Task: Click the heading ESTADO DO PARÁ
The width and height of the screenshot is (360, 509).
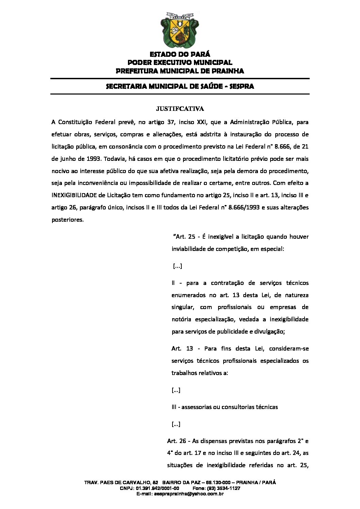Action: [x=180, y=54]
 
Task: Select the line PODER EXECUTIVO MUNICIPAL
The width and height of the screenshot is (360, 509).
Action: [x=180, y=63]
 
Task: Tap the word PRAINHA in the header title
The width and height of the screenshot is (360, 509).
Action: [x=228, y=71]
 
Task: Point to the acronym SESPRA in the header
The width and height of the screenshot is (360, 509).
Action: [x=242, y=86]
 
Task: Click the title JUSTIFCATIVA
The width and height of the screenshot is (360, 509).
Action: [x=180, y=109]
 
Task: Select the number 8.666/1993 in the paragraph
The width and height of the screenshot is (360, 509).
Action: [x=244, y=207]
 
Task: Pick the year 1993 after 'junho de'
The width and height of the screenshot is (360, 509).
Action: [x=94, y=159]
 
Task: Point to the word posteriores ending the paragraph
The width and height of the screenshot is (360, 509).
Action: [x=67, y=220]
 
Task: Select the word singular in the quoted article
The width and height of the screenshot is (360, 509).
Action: [x=182, y=307]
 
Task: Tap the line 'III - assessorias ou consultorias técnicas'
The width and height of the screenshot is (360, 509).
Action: [x=225, y=407]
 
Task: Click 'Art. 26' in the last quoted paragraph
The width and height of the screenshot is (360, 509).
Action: [x=176, y=441]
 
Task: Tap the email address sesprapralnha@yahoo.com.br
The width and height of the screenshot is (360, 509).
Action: [x=189, y=494]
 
